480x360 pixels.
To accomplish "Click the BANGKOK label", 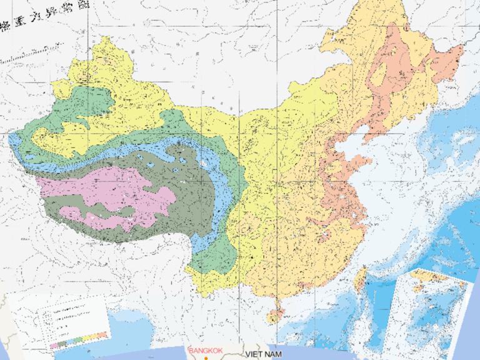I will pos(206,351).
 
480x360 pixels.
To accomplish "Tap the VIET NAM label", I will pos(265,354).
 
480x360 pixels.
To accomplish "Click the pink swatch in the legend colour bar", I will pos(55,344).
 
